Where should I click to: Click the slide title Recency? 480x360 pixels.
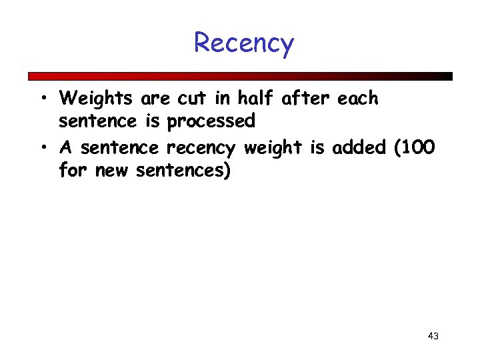(243, 44)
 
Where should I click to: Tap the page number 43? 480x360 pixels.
(433, 336)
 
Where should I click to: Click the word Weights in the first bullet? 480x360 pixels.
(96, 99)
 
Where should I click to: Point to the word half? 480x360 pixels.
(256, 99)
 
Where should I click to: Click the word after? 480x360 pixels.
(307, 99)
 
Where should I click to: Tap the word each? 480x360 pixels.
(358, 99)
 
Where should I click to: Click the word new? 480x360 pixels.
(113, 171)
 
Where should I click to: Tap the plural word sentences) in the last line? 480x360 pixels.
(183, 171)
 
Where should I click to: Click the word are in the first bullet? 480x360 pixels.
(155, 99)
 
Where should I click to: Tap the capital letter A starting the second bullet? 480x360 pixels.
(66, 147)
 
